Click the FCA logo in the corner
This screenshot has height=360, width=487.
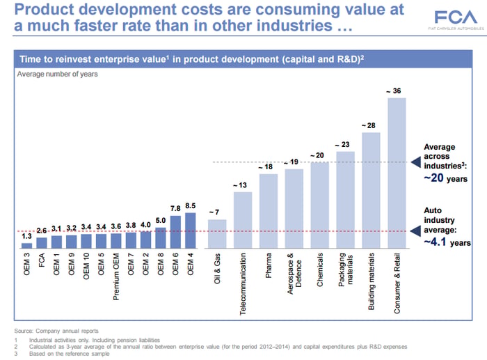click(456, 19)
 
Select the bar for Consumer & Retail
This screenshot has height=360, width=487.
click(397, 173)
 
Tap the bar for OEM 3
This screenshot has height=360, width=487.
click(26, 246)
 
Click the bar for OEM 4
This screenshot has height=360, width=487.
click(191, 230)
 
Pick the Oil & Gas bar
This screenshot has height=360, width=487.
click(217, 234)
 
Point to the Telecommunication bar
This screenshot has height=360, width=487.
click(243, 220)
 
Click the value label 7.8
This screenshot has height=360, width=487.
click(175, 209)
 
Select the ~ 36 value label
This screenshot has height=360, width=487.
click(394, 91)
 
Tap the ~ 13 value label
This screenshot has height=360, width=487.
click(240, 185)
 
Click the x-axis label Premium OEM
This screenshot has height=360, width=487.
click(116, 276)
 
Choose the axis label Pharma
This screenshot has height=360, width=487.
click(269, 265)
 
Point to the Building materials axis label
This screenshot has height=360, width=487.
click(371, 281)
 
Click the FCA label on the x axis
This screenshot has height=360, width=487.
click(42, 260)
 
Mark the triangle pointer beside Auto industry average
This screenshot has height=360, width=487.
click(415, 231)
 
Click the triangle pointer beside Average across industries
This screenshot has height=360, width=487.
click(415, 162)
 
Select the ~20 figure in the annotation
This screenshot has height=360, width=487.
click(433, 178)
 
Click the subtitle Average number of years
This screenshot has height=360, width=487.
click(58, 75)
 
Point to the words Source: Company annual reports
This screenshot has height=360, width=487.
click(56, 331)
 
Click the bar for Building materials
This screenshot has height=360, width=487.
click(371, 191)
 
